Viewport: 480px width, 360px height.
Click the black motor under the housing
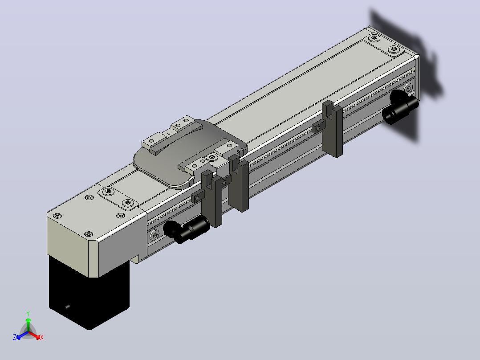pyautogui.click(x=89, y=294)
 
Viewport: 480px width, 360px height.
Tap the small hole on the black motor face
pyautogui.click(x=68, y=307)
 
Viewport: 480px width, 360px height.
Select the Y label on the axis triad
pyautogui.click(x=28, y=313)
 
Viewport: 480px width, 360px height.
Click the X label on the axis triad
pyautogui.click(x=42, y=337)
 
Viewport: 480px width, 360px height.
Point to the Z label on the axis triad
pyautogui.click(x=15, y=337)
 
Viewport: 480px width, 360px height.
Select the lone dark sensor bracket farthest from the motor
pyautogui.click(x=333, y=129)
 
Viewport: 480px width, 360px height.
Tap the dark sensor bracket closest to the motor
pyautogui.click(x=212, y=199)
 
